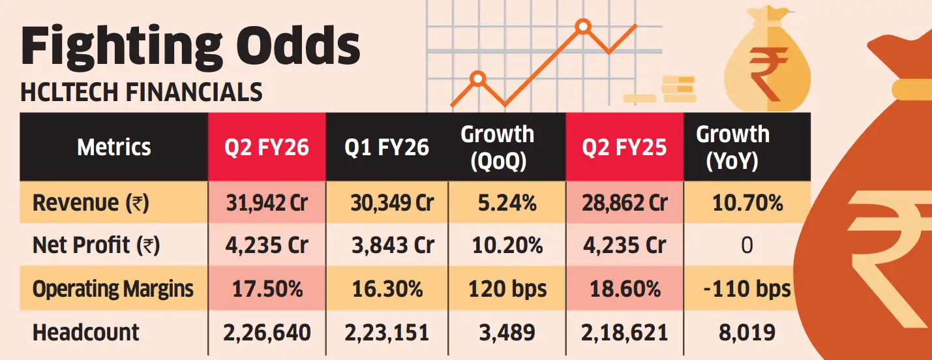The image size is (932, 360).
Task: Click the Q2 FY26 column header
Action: tap(267, 147)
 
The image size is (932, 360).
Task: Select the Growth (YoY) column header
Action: tap(732, 147)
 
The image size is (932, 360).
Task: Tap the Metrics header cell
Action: tap(114, 147)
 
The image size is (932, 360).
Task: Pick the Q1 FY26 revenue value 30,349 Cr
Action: tap(390, 203)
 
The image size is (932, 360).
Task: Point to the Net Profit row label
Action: tap(96, 246)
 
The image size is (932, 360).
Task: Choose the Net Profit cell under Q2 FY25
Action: tap(624, 246)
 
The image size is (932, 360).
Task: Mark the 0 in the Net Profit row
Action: tap(747, 246)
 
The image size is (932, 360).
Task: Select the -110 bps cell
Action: tap(747, 288)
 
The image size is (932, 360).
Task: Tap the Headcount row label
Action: tap(86, 333)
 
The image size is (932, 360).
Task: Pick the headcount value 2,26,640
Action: tap(267, 333)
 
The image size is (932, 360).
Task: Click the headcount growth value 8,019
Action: tap(747, 333)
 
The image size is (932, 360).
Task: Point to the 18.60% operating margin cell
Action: tap(624, 288)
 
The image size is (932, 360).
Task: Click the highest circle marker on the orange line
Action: tap(583, 27)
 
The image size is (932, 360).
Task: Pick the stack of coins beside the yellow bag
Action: tap(678, 87)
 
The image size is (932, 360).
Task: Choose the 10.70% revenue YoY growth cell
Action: tap(747, 203)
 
